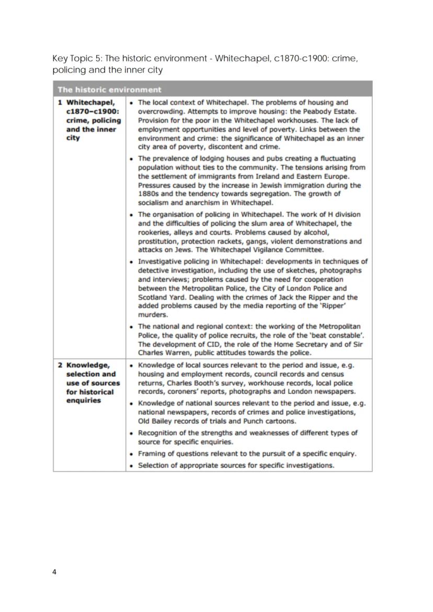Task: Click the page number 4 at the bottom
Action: tap(54, 572)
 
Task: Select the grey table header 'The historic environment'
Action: tap(109, 90)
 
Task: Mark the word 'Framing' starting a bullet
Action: tap(152, 454)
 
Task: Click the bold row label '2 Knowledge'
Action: tap(87, 365)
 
